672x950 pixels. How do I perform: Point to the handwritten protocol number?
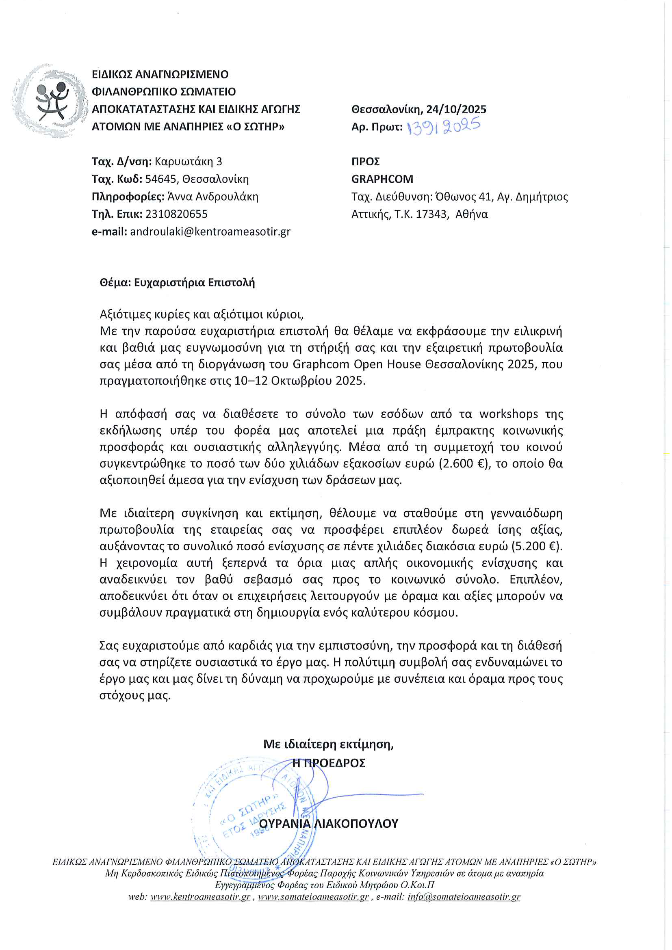444,126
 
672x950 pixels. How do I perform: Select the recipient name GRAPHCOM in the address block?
382,179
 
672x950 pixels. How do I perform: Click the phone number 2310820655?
177,214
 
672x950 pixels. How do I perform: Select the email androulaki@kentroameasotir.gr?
210,232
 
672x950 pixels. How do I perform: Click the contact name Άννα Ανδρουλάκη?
212,197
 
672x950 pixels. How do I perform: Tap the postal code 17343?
432,214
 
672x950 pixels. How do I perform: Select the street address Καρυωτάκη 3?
188,161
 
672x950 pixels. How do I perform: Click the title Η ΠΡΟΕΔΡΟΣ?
329,763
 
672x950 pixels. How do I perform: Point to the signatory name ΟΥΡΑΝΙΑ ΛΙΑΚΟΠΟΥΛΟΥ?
329,823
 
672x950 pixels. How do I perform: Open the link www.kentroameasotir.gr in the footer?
200,897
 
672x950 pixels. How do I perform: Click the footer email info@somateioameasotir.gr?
464,897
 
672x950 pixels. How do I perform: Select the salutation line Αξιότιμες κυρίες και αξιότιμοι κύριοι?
202,314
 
